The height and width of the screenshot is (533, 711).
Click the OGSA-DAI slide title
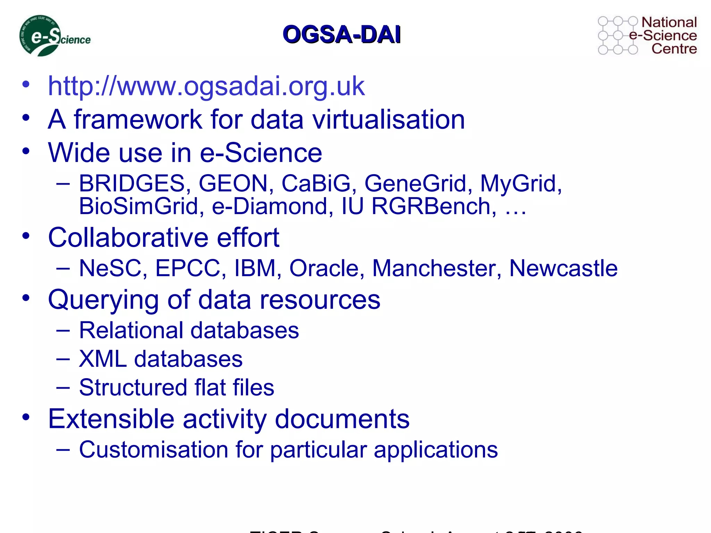click(342, 34)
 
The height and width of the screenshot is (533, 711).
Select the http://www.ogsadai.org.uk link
click(206, 86)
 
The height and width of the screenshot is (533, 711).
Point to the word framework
click(138, 119)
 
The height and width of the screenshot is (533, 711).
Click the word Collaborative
click(128, 238)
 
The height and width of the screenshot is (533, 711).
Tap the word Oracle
click(327, 268)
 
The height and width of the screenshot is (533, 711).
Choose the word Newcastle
click(563, 268)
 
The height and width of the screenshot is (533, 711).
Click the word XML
click(103, 359)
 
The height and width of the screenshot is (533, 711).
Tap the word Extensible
click(111, 419)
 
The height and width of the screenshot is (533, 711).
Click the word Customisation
click(153, 450)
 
